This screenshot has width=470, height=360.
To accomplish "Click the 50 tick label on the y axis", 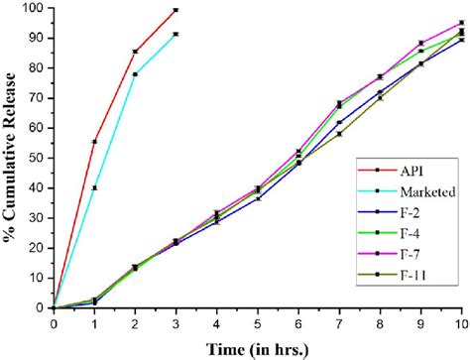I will [35, 158].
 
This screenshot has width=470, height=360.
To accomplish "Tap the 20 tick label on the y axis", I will [35, 248].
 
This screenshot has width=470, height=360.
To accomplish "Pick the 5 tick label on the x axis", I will [258, 322].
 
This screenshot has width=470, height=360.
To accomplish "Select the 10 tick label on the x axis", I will [461, 322].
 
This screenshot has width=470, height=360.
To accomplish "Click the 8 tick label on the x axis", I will [380, 322].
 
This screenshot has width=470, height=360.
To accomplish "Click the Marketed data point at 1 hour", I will [94, 187].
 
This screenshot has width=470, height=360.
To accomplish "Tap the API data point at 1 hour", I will [94, 142].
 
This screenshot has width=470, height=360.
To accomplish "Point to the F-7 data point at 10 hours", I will [461, 23].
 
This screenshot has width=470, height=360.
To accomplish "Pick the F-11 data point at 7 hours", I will [339, 134].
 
